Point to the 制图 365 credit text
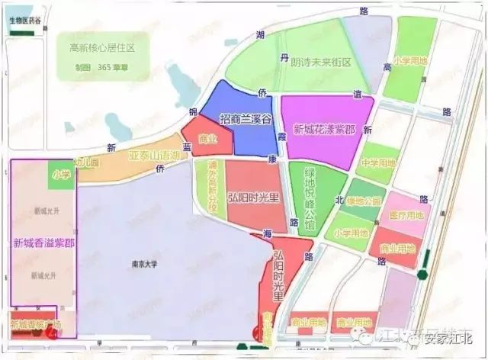pos(101,66)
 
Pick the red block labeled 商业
pos(207,140)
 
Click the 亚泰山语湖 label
pos(155,156)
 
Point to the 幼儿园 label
pos(86,162)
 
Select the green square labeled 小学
pos(61,175)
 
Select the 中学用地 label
pos(379,163)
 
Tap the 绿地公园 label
pos(364,202)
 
